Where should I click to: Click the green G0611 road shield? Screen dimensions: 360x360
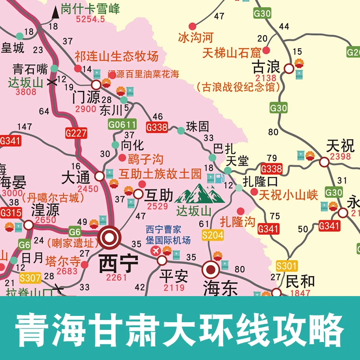coord(121,124)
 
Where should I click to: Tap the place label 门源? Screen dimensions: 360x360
coord(85,98)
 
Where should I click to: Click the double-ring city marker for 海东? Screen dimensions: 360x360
coord(210,270)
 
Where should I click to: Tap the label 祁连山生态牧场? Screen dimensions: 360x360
coord(117,56)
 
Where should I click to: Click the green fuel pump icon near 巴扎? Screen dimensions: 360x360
coord(218,179)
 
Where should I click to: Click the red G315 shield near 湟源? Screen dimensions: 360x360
coord(10,212)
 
